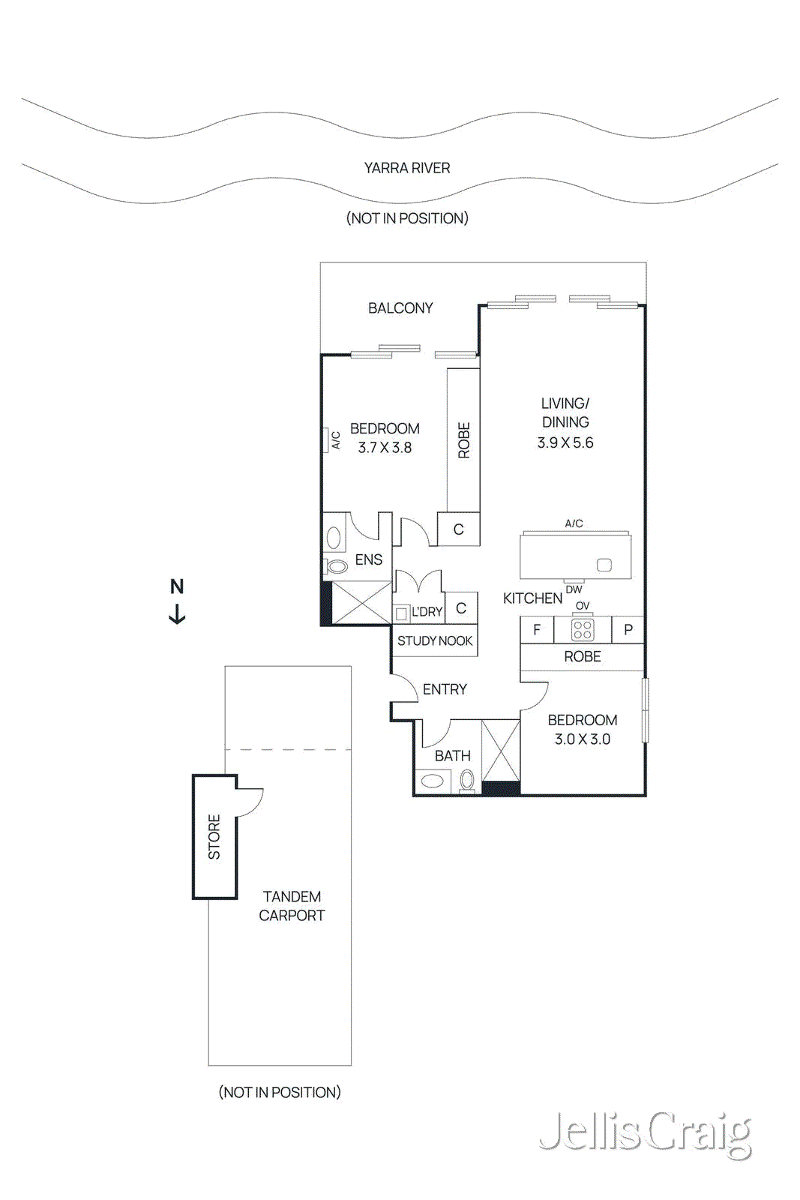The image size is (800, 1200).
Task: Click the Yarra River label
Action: point(406,168)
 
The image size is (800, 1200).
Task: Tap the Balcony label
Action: point(400,308)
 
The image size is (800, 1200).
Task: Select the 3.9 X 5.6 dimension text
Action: point(565,442)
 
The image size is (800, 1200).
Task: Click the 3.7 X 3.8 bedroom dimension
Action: point(385,448)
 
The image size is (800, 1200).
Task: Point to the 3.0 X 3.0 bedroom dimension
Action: point(582,739)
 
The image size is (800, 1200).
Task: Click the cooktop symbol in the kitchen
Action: point(583,630)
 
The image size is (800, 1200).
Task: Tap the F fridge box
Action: point(537,630)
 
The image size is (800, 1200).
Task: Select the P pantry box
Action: point(628,630)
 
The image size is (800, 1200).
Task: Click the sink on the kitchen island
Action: point(604,565)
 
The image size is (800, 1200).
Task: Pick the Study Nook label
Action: point(435,640)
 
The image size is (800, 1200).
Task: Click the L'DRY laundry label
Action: point(427,612)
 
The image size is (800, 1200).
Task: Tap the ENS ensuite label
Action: point(368,559)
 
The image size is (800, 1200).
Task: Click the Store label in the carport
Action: point(214,836)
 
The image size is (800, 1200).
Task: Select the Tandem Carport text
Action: point(292,906)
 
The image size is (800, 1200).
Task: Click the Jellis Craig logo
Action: point(645,1133)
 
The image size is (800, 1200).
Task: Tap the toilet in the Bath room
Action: point(467,781)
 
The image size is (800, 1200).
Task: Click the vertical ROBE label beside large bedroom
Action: point(464,440)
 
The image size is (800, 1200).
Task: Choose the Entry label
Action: point(445,689)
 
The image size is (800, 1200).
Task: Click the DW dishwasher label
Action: point(574,589)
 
